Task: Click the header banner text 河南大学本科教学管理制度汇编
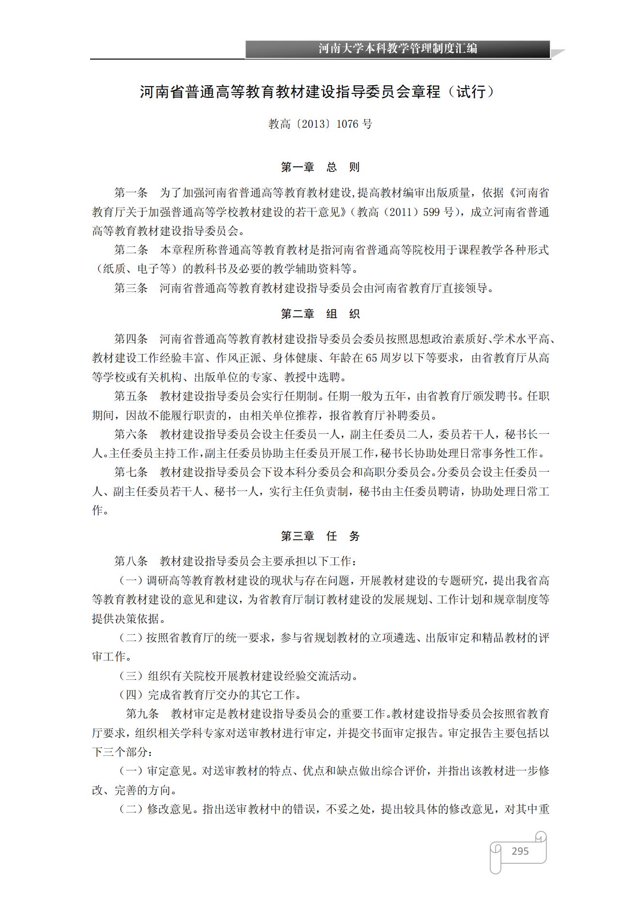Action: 397,49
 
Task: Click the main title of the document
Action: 317,92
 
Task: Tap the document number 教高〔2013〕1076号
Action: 320,124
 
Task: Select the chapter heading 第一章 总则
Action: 320,168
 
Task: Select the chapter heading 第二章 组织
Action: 320,314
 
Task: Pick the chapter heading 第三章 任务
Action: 320,536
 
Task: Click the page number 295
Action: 520,851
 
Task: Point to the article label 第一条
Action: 131,193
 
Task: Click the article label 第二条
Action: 131,250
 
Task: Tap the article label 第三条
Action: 131,289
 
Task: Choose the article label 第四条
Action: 131,339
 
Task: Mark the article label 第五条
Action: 131,396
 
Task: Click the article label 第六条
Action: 131,434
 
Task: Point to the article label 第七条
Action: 131,472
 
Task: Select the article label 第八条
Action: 131,561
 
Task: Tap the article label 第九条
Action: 142,714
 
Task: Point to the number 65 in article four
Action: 371,358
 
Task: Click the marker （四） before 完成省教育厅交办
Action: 131,695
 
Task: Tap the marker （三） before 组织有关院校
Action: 131,676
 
